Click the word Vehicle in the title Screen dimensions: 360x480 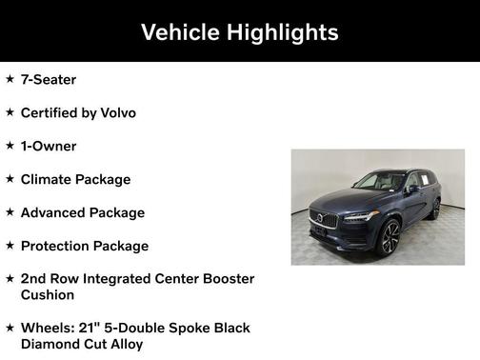(179, 32)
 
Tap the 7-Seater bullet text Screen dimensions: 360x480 (49, 80)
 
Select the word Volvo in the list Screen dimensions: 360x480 (116, 113)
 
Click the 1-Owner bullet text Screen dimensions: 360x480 (49, 147)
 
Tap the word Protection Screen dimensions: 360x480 (58, 246)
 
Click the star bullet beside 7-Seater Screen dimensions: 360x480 (10, 80)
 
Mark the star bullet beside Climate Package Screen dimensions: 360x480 (10, 179)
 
